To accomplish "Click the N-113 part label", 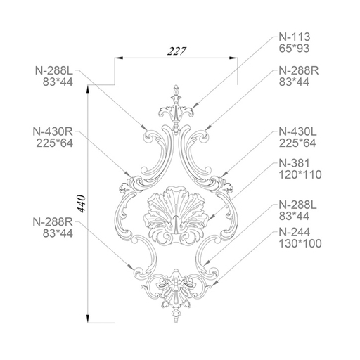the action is click(x=295, y=37).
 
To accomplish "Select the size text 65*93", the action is click(x=294, y=49).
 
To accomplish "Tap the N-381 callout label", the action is click(x=295, y=163).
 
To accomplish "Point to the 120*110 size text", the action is click(x=300, y=174).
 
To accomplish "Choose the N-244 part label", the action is click(x=295, y=232).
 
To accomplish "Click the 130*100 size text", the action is click(x=300, y=243).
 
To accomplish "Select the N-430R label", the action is click(x=53, y=131).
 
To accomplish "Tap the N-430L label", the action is click(x=297, y=131).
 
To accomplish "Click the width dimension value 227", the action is click(x=176, y=51).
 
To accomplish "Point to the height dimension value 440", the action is click(x=82, y=204).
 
